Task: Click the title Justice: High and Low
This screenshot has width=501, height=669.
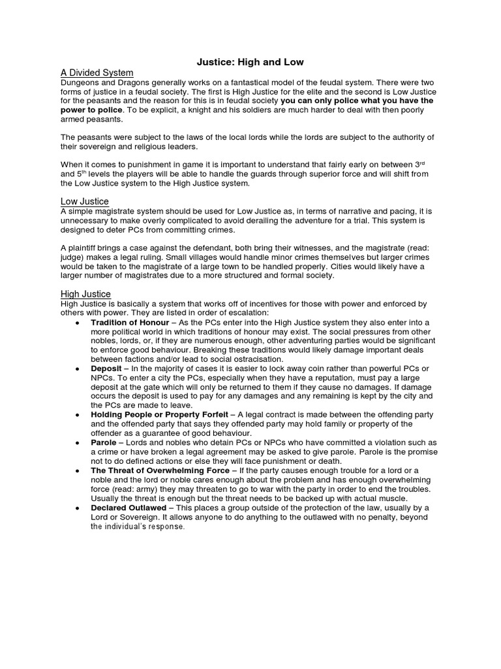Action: point(250,62)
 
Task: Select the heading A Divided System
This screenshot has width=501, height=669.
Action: point(97,73)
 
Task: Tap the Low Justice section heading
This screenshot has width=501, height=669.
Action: point(84,201)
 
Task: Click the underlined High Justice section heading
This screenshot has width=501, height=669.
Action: point(85,294)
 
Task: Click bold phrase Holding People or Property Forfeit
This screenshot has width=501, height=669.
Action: point(160,415)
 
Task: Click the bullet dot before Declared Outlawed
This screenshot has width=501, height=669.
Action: point(78,508)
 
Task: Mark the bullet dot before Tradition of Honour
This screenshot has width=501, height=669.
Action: point(78,322)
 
